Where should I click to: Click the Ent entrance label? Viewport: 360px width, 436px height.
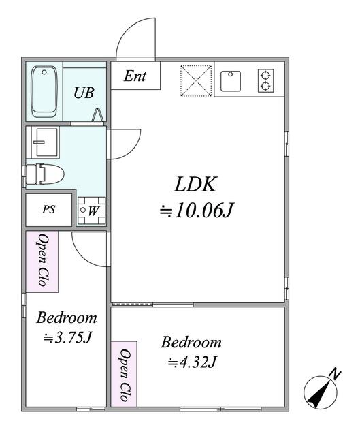point(135,76)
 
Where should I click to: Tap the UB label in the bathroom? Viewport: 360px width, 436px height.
point(84,93)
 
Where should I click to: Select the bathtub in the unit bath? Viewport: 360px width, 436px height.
point(44,92)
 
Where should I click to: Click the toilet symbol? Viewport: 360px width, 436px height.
point(44,174)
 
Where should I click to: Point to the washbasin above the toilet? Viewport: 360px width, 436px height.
point(45,142)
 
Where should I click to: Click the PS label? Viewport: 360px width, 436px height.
point(49,209)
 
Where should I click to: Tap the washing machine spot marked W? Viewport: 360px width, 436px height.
point(92,211)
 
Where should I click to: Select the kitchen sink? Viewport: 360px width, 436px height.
point(231,81)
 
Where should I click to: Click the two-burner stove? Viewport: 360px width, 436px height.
point(265,80)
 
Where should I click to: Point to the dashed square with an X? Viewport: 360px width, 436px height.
point(196,81)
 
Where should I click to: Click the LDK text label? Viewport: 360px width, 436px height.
point(195,185)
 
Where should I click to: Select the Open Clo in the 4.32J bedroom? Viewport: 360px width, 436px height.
point(124,375)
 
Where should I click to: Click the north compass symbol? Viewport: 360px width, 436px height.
point(321,392)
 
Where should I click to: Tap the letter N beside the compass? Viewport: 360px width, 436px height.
point(335,375)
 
